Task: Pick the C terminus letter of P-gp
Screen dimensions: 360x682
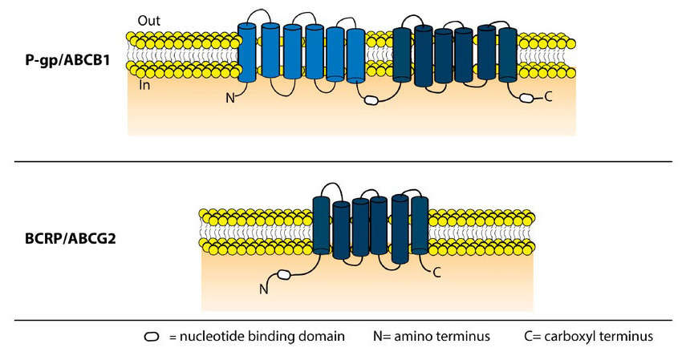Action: click(x=549, y=98)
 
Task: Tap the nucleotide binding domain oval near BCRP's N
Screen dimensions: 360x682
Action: click(x=284, y=276)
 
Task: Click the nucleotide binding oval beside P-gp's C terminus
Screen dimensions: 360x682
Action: click(x=527, y=98)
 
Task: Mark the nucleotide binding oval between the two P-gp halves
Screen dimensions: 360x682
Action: click(x=371, y=101)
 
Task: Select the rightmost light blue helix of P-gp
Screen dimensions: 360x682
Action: click(x=355, y=55)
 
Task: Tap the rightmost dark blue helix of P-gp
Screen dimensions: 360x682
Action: click(x=507, y=55)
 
